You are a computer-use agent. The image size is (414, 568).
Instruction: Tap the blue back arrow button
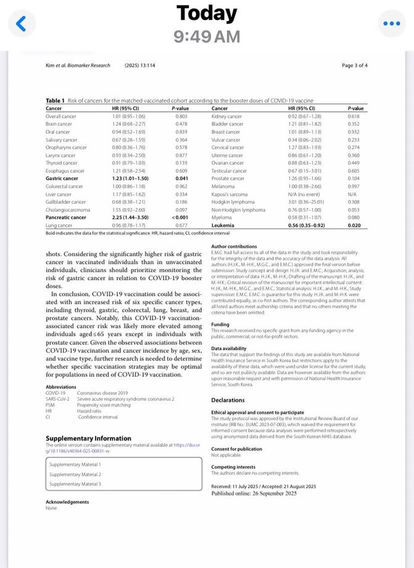[22, 24]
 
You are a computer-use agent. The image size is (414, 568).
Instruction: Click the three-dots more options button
[392, 24]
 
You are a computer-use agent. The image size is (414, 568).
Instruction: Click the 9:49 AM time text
[207, 37]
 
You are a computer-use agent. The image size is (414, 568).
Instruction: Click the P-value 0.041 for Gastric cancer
[181, 178]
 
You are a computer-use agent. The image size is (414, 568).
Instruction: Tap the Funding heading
[220, 324]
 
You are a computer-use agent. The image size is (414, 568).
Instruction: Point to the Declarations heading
[228, 400]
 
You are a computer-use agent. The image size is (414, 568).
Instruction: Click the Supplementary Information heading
[88, 438]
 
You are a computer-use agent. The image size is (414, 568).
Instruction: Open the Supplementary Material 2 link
[75, 474]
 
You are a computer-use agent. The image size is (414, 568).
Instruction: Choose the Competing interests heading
[233, 467]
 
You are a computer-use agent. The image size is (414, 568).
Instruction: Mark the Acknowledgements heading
[67, 502]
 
